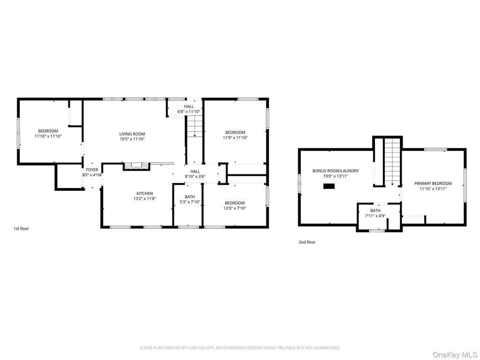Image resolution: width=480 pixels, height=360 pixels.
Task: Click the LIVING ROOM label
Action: (132, 134)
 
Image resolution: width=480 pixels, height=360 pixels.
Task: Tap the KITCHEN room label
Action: (144, 194)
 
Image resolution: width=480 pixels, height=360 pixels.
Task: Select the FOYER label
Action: (92, 170)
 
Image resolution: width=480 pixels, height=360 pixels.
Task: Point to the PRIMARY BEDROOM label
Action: (433, 183)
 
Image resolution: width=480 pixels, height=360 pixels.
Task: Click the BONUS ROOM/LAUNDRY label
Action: (336, 171)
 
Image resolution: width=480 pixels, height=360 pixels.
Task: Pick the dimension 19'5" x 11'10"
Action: (132, 139)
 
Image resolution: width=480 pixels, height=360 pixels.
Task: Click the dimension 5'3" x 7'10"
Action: (190, 202)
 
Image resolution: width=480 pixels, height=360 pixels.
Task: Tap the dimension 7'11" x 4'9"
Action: (375, 216)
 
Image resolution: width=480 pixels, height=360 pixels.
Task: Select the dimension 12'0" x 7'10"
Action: (235, 208)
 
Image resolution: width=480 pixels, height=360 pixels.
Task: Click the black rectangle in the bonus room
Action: (329, 186)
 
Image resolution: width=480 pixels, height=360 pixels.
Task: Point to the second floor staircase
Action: (392, 162)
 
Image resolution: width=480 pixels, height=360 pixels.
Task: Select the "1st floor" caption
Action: (21, 228)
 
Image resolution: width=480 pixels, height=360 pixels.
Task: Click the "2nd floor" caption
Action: (307, 242)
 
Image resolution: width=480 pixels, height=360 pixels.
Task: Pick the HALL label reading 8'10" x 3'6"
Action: (195, 174)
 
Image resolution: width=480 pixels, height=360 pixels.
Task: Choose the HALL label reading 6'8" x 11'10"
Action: (189, 109)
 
